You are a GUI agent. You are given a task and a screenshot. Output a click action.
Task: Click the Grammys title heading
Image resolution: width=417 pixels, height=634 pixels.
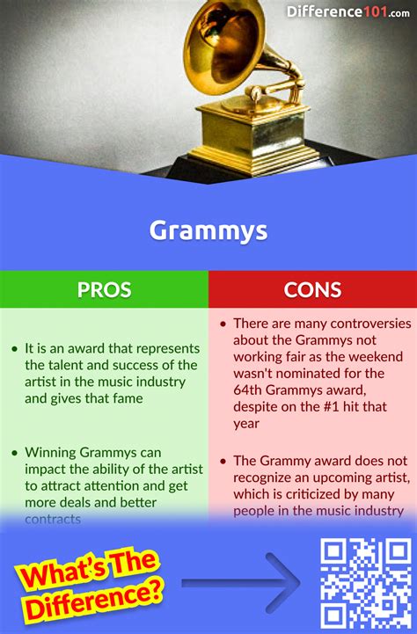point(208,230)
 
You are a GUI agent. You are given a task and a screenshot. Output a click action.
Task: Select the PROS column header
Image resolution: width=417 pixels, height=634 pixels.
point(103,289)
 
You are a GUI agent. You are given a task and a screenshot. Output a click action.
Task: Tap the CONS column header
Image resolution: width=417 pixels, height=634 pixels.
point(311,289)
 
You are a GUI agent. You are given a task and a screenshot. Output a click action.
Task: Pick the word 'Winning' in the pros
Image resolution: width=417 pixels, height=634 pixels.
point(52,454)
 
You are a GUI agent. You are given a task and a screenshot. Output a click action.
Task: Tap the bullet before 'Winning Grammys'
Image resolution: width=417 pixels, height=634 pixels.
point(15,454)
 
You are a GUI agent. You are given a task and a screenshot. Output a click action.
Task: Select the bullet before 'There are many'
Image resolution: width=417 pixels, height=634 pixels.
point(224,324)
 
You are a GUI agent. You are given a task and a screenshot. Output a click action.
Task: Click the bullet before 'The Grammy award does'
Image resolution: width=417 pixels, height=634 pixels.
point(224,460)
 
